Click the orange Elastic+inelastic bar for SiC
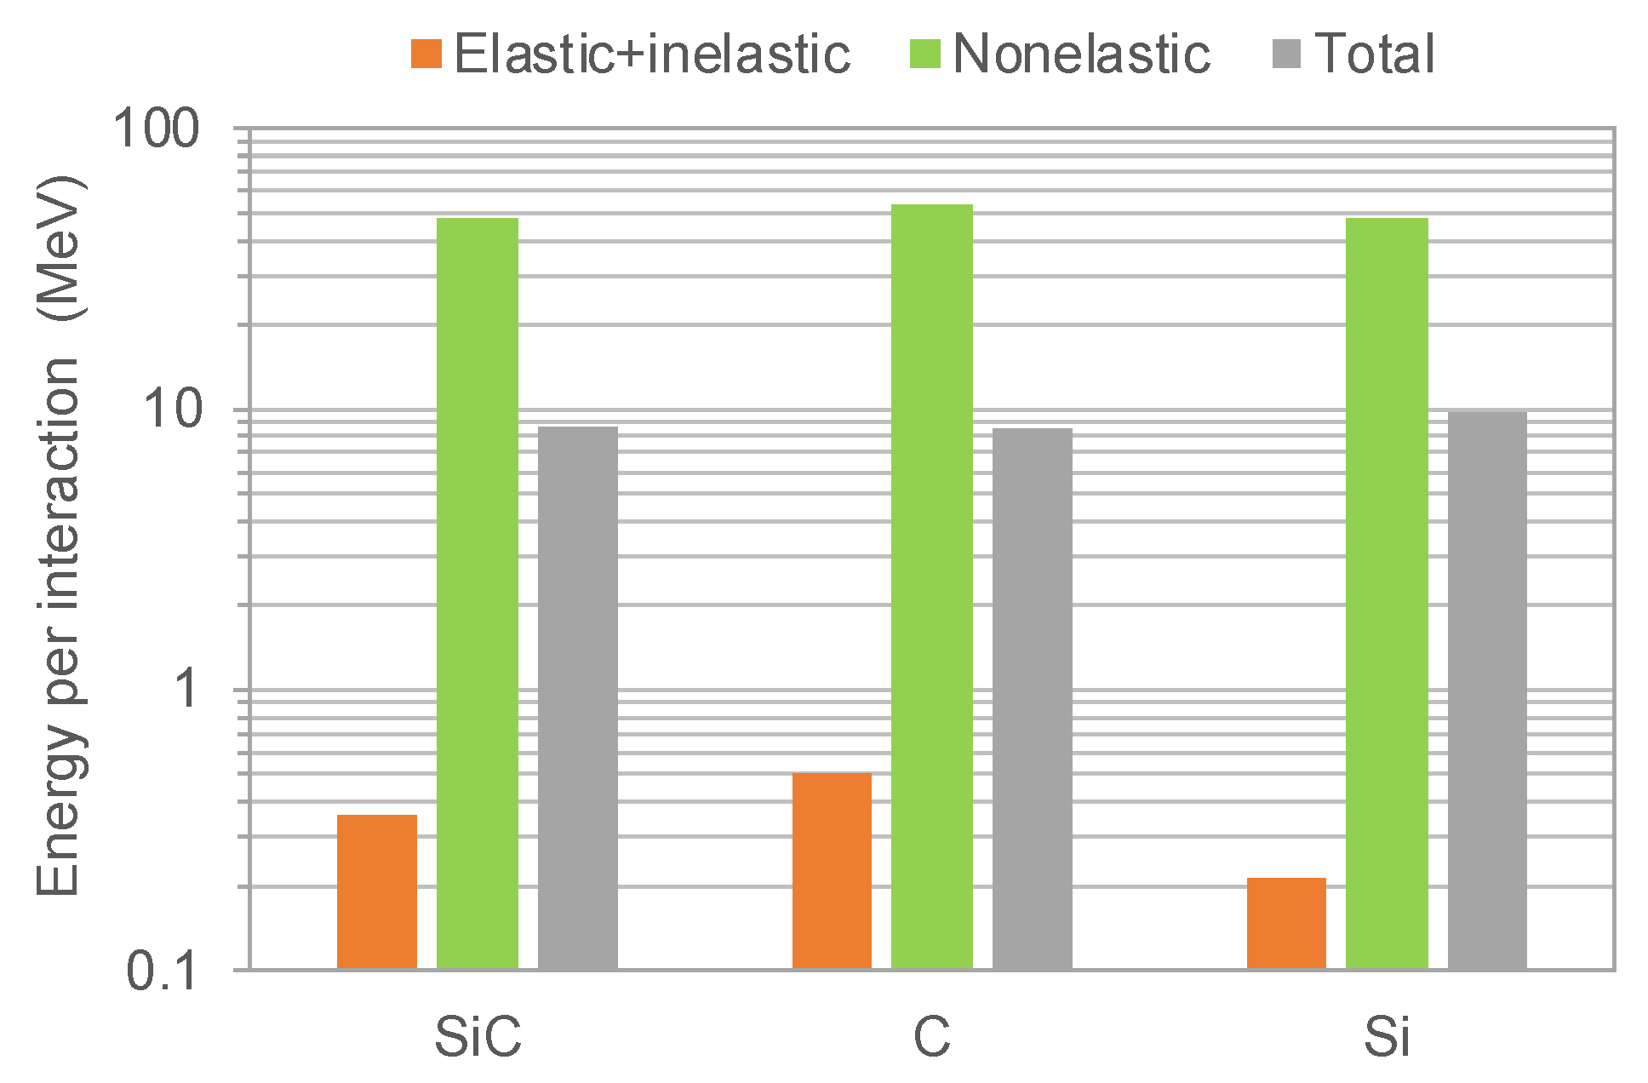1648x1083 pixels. click(377, 891)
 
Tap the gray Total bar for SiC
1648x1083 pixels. click(578, 697)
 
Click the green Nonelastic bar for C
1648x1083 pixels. click(932, 587)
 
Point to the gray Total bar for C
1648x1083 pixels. click(1033, 698)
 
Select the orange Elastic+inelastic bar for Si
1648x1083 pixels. click(1286, 923)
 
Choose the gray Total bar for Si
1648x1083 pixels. click(1487, 690)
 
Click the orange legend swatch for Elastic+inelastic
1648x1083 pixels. click(426, 54)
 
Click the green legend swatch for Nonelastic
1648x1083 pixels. click(924, 54)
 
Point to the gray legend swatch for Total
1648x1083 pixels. click(1286, 54)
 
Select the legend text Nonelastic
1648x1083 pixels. click(1081, 54)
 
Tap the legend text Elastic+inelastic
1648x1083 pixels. click(652, 54)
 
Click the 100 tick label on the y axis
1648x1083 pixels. click(157, 129)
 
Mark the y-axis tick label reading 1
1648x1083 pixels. click(186, 690)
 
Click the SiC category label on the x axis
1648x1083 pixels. click(478, 1037)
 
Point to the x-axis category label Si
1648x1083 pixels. click(1387, 1037)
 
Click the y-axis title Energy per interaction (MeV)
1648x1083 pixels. click(60, 536)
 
